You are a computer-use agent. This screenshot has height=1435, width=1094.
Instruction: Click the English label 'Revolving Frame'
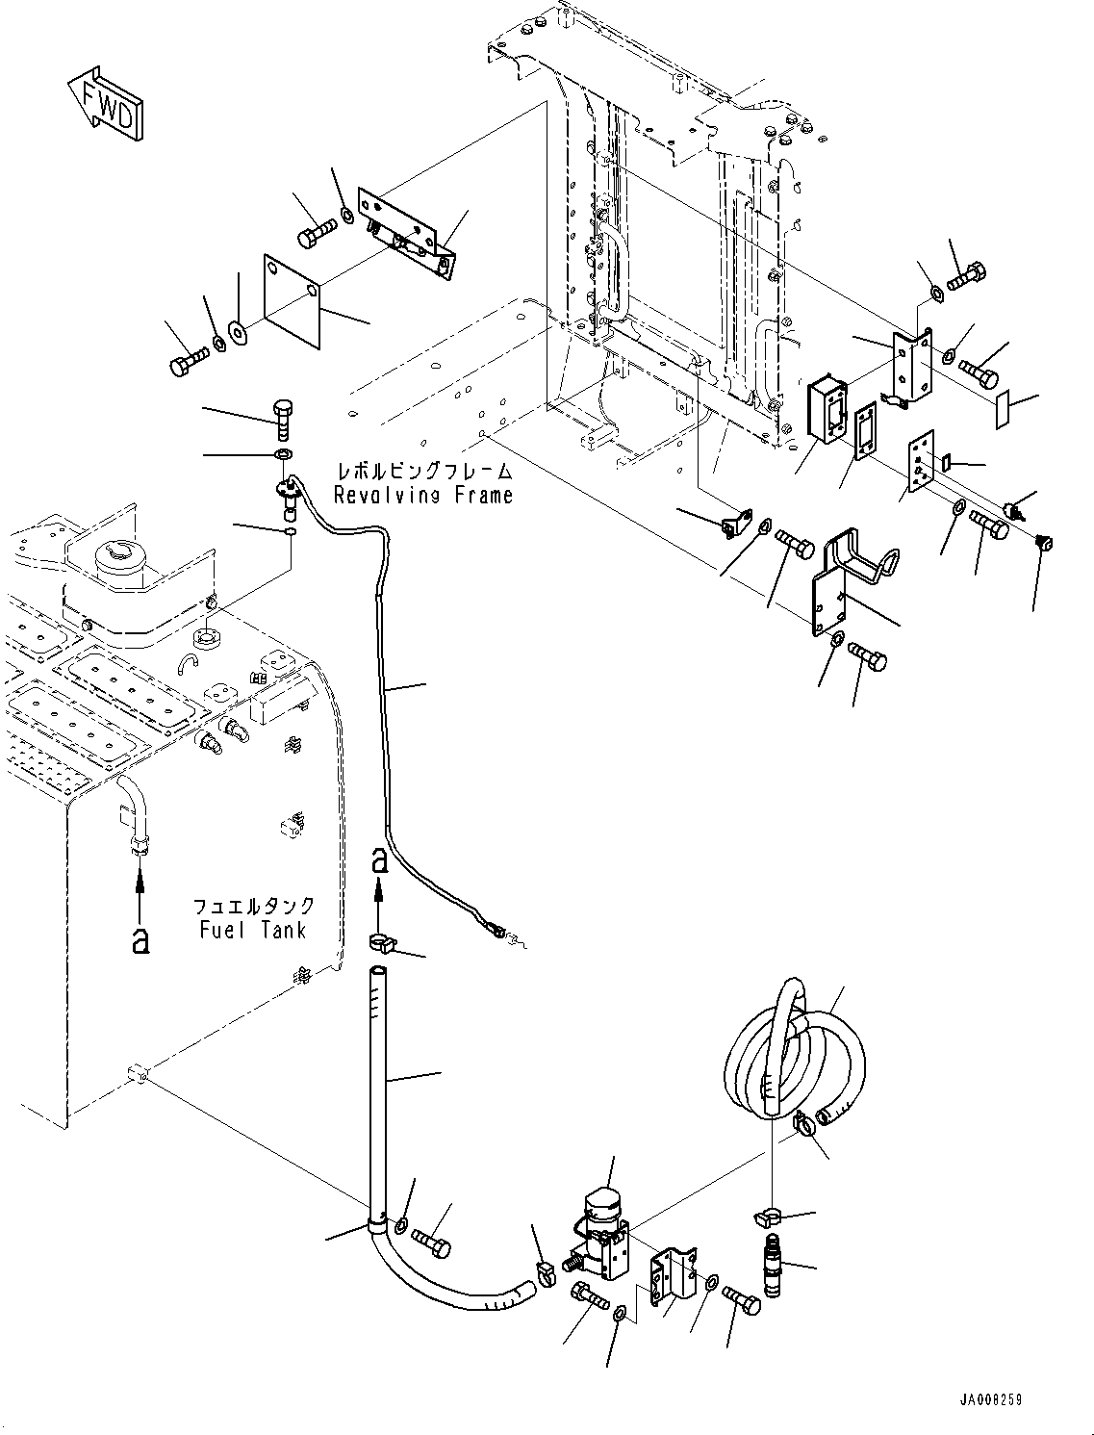tap(422, 496)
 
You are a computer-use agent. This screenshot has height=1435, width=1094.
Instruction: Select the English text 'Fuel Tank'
tap(253, 930)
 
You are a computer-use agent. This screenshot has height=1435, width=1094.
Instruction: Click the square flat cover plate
tap(288, 299)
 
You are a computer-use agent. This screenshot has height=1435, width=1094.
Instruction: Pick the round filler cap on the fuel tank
tap(116, 557)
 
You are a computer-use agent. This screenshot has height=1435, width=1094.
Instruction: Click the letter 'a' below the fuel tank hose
tap(141, 937)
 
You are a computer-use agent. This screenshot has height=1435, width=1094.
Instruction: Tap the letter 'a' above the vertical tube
tap(380, 859)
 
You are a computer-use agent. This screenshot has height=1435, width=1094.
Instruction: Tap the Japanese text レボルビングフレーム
tap(423, 472)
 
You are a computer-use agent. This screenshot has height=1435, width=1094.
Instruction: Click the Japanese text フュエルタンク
tap(253, 906)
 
